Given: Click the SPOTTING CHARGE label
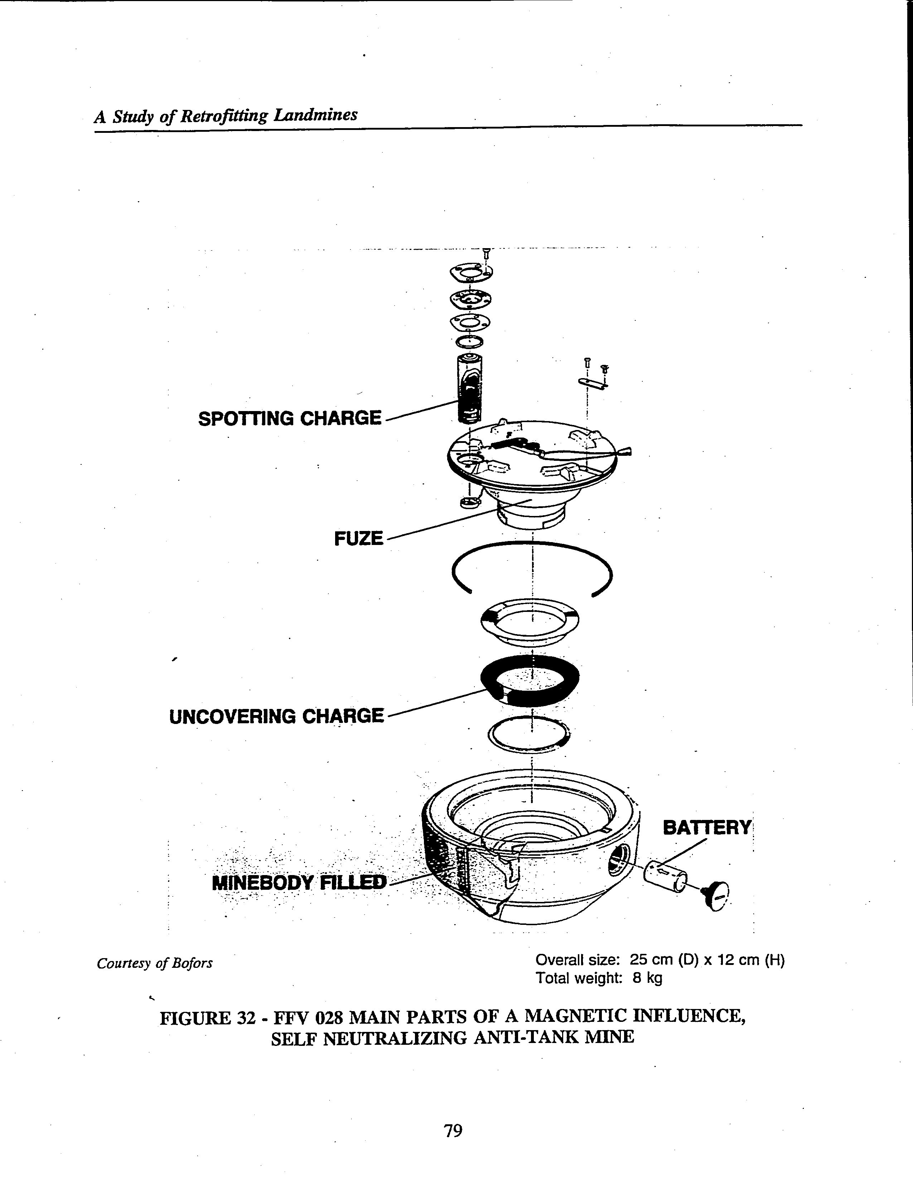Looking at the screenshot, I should [x=290, y=419].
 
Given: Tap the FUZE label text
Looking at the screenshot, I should [x=358, y=539].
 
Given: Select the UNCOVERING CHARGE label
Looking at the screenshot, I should [x=276, y=716].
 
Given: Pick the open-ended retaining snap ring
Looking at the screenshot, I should [x=532, y=569].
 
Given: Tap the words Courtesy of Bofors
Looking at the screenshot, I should [x=154, y=964].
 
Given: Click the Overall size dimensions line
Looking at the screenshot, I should [x=660, y=960].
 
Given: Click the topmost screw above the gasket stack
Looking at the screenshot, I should [x=486, y=253].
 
